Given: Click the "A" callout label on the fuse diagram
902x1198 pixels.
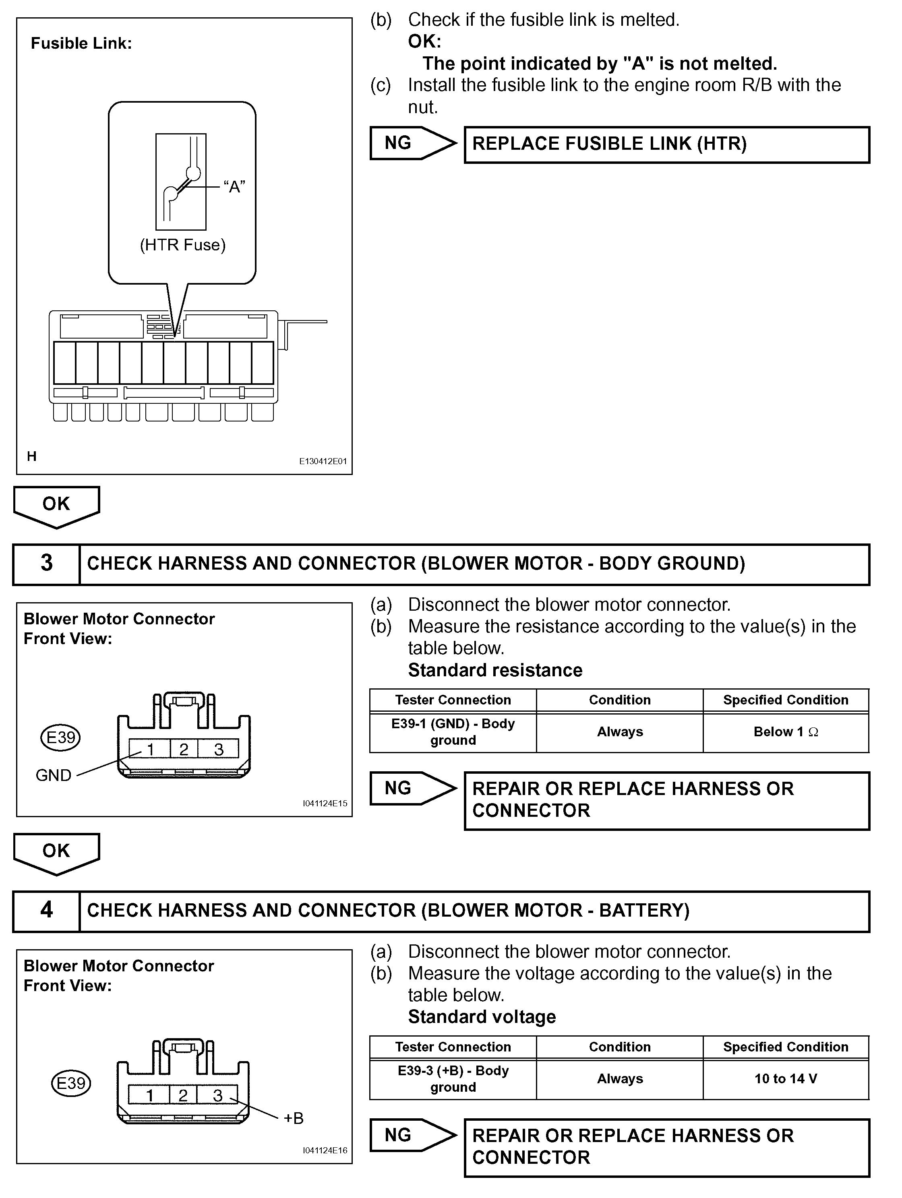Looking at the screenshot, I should (234, 187).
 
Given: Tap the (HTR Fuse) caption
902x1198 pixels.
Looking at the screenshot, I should (182, 245).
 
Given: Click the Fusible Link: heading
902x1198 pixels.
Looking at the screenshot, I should (81, 43).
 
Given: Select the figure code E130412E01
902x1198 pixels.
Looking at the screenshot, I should (323, 461).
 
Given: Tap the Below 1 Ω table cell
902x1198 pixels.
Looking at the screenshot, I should (786, 732).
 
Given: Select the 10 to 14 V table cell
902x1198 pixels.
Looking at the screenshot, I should (786, 1078).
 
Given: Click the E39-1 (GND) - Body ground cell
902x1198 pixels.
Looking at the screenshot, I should (453, 732).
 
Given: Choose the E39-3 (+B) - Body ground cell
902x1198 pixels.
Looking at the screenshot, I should (453, 1078).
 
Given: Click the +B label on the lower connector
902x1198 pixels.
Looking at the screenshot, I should (294, 1118).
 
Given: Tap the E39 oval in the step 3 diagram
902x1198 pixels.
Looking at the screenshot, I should (61, 737).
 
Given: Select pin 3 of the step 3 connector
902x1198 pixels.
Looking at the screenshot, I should (218, 749).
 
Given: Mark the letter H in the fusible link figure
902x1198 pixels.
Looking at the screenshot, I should (32, 456).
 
